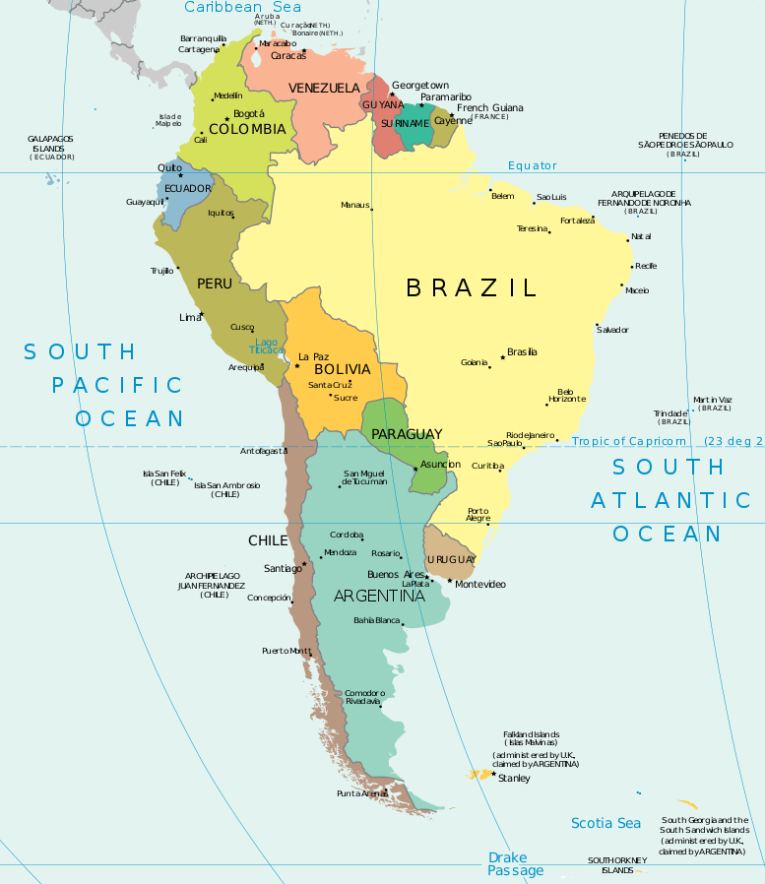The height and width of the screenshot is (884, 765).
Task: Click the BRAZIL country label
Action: [472, 287]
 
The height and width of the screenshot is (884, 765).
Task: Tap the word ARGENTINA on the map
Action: [379, 596]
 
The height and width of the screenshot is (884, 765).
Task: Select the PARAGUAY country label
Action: [407, 433]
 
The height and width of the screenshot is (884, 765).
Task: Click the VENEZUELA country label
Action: [324, 89]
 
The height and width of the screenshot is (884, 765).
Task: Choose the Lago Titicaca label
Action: [266, 346]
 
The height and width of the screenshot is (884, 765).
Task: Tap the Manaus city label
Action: [354, 205]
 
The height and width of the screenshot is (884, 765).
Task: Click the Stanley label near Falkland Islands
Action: [514, 779]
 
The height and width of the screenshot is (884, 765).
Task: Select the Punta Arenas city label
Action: [360, 793]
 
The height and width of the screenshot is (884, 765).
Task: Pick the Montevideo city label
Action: [479, 585]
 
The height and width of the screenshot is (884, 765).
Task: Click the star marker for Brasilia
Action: [502, 356]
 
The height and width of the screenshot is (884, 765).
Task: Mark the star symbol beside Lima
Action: [201, 314]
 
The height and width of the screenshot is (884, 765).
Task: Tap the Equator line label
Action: [532, 165]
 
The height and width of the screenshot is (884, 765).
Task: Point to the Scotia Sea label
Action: [606, 823]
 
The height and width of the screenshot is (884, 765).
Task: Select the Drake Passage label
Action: [515, 864]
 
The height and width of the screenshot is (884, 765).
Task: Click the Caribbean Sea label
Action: [243, 7]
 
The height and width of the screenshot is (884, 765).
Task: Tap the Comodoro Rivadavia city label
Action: [364, 697]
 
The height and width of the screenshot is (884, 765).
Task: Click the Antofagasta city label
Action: [263, 451]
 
